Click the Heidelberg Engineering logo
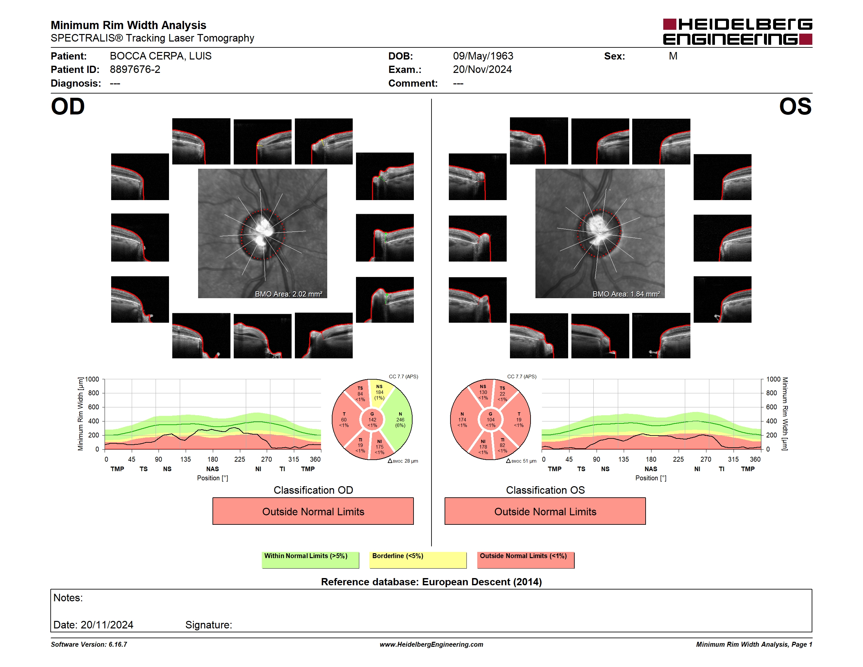click(737, 32)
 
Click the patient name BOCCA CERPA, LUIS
click(161, 56)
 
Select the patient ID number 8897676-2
click(135, 70)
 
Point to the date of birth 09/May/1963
click(483, 56)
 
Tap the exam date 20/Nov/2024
click(482, 70)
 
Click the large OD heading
click(68, 107)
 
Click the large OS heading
click(795, 107)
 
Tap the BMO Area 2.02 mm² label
click(288, 294)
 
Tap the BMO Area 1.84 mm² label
click(626, 294)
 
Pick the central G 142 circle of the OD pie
click(372, 419)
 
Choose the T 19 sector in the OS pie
click(518, 419)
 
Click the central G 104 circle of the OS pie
click(490, 419)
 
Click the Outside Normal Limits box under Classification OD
click(313, 511)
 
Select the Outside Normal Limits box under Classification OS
click(545, 511)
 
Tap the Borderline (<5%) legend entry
click(418, 560)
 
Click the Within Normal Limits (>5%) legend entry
click(310, 560)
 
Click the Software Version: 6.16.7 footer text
click(89, 644)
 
